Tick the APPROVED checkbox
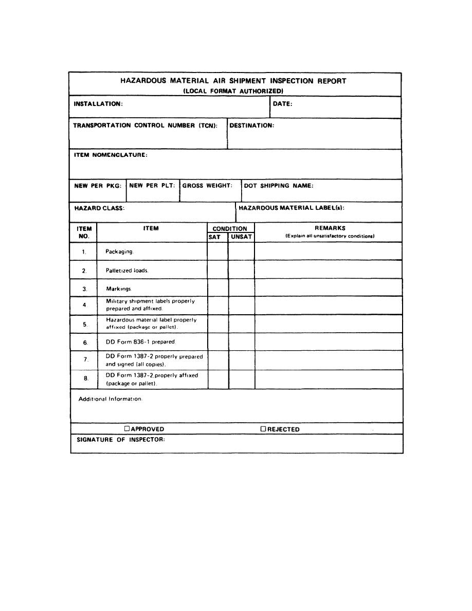pyautogui.click(x=126, y=428)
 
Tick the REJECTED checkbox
pyautogui.click(x=263, y=428)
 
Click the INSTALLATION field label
pyautogui.click(x=98, y=104)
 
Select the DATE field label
pyautogui.click(x=283, y=104)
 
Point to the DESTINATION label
pyautogui.click(x=251, y=125)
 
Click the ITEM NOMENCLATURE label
pyautogui.click(x=111, y=155)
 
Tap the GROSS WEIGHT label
pyautogui.click(x=208, y=186)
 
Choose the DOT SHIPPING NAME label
pyautogui.click(x=278, y=186)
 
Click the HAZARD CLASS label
pyautogui.click(x=100, y=208)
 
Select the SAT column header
pyautogui.click(x=214, y=237)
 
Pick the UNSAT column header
pyautogui.click(x=241, y=237)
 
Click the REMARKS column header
pyautogui.click(x=330, y=228)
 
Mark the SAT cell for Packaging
pyautogui.click(x=217, y=251)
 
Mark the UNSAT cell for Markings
pyautogui.click(x=241, y=289)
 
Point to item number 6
pyautogui.click(x=85, y=343)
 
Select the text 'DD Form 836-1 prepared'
pyautogui.click(x=140, y=342)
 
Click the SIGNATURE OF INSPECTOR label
pyautogui.click(x=121, y=439)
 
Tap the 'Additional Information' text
pyautogui.click(x=110, y=399)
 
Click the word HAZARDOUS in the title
pyautogui.click(x=143, y=81)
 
